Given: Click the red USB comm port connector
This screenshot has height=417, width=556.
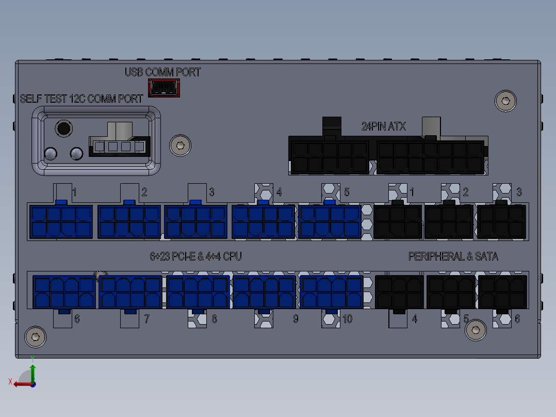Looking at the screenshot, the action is [x=164, y=88].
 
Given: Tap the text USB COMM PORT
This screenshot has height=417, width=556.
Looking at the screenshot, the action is [x=163, y=72].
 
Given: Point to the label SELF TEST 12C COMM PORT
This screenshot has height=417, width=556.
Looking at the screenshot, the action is [x=81, y=99].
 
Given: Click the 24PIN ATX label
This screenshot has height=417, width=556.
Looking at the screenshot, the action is [x=383, y=126].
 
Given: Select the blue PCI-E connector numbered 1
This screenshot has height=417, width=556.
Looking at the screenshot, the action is [x=61, y=221].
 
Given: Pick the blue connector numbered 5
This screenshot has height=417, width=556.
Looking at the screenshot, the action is [x=330, y=221].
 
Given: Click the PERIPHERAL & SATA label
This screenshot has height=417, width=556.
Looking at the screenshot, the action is [x=453, y=256].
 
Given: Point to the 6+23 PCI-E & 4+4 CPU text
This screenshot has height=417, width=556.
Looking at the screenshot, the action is [x=196, y=256].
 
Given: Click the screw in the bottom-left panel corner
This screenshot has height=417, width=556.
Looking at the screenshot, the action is [x=36, y=337].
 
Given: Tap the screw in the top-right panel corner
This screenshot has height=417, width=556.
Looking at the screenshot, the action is [x=505, y=101].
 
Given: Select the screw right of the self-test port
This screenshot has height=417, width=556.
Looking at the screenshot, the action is [x=180, y=146].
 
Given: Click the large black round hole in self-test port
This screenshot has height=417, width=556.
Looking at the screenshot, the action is [x=64, y=128].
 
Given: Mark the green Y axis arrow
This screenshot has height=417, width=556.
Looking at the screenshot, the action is [x=32, y=373].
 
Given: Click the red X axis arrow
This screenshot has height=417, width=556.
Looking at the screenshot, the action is [x=23, y=384].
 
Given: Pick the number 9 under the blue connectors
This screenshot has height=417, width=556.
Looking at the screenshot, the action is [x=296, y=319].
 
